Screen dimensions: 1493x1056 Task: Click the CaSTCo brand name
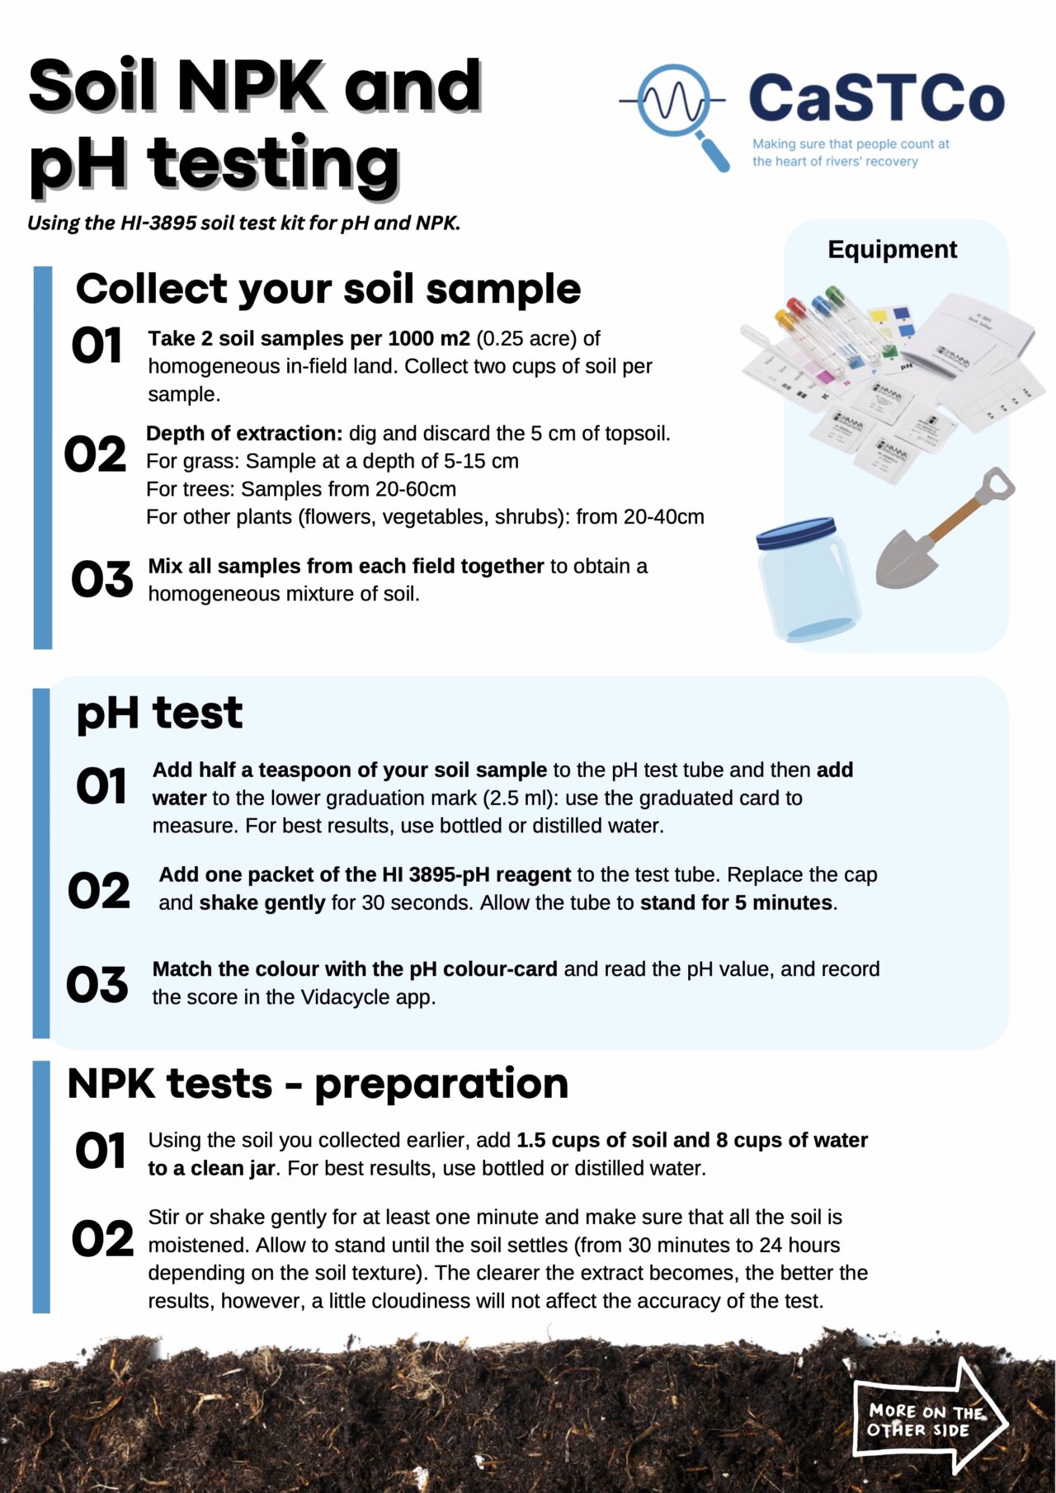[876, 98]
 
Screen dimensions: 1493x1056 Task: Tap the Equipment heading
[892, 249]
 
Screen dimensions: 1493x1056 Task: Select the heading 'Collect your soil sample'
[328, 289]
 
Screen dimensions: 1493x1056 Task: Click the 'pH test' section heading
[159, 713]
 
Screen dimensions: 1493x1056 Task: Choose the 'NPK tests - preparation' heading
[318, 1083]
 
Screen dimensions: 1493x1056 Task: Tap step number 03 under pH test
[97, 984]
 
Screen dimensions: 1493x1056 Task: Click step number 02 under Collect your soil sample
[95, 454]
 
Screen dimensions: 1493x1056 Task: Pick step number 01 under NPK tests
[100, 1151]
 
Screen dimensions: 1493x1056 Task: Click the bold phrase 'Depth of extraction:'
[244, 433]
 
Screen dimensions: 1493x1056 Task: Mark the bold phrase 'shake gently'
[262, 902]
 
